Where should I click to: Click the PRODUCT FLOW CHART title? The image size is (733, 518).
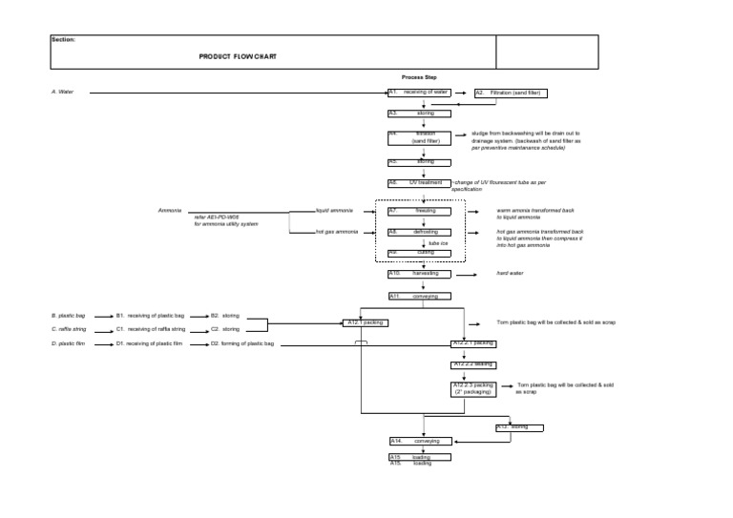[x=239, y=57]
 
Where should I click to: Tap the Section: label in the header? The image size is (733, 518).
[x=63, y=40]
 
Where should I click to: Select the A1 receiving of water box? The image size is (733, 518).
[x=419, y=93]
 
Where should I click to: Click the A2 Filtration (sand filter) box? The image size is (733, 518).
[x=510, y=93]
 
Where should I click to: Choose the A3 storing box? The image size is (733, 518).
[x=419, y=114]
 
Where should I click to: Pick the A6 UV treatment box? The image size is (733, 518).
[x=419, y=182]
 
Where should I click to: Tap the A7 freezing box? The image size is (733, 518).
[x=419, y=210]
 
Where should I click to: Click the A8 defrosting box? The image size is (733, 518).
[x=419, y=232]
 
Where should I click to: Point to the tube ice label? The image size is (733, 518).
[x=438, y=243]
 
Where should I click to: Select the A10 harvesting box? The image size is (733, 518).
[x=419, y=274]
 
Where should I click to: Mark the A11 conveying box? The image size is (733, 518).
[x=419, y=297]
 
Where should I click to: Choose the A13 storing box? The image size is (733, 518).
[x=524, y=427]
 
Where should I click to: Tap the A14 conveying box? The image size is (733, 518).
[x=419, y=442]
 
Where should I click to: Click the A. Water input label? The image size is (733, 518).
[x=62, y=93]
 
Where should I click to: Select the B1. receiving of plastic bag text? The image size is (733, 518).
[x=150, y=315]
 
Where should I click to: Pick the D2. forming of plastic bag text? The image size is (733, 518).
[x=242, y=343]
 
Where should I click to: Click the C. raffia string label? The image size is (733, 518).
[x=70, y=329]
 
